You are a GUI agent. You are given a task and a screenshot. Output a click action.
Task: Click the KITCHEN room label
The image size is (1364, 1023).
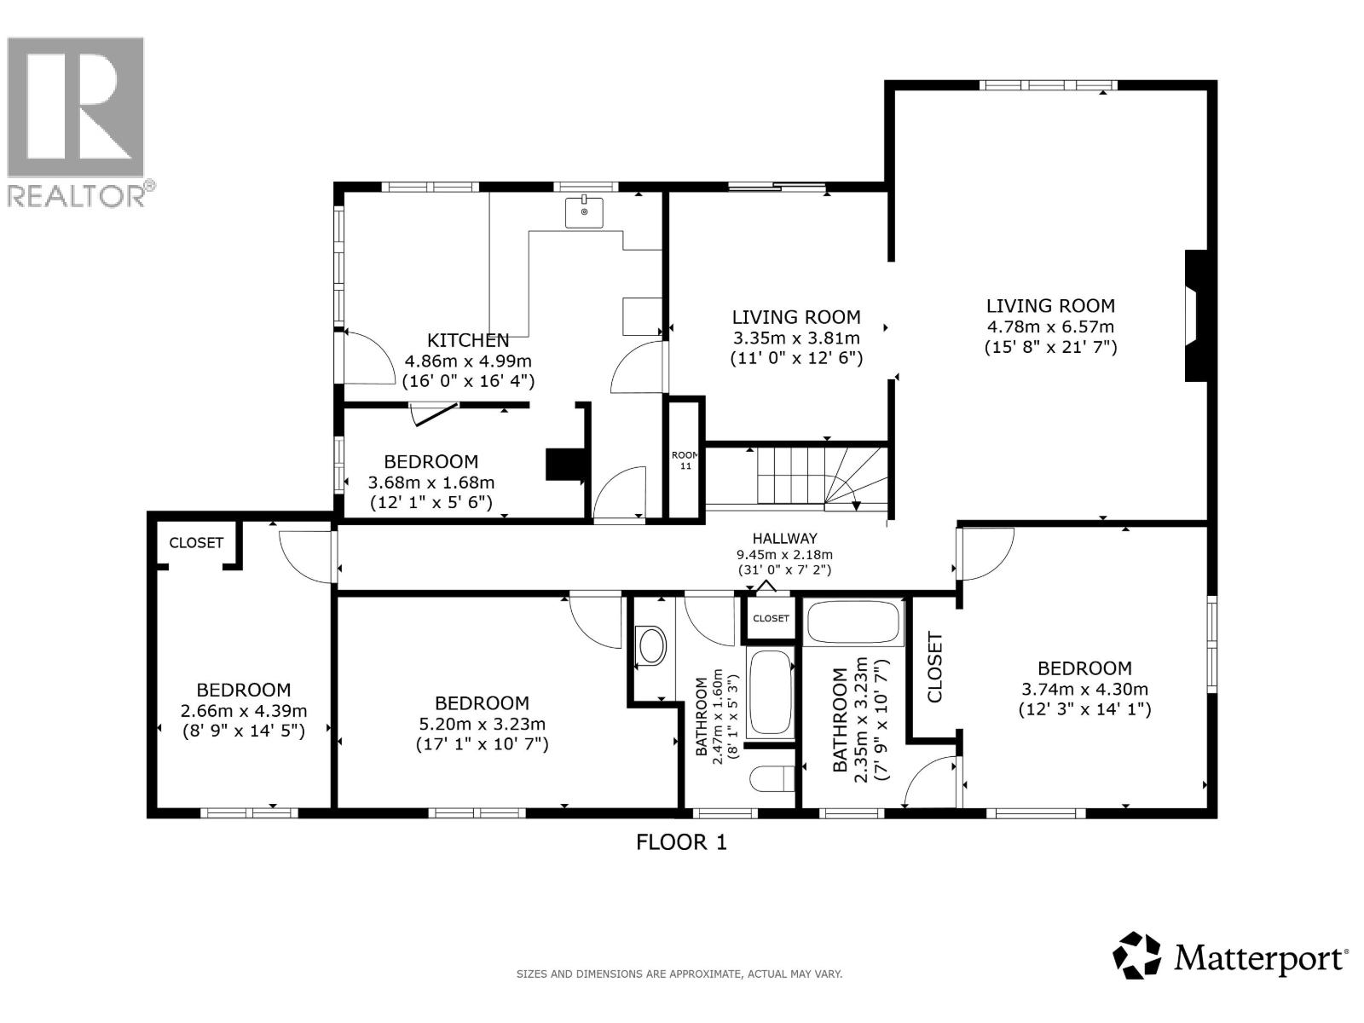pyautogui.click(x=468, y=340)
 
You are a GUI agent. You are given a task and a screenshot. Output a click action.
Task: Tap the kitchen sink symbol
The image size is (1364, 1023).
pyautogui.click(x=584, y=212)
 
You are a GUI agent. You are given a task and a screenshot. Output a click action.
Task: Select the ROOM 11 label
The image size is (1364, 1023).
pyautogui.click(x=685, y=460)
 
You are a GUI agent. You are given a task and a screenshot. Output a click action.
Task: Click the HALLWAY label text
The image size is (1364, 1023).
pyautogui.click(x=784, y=538)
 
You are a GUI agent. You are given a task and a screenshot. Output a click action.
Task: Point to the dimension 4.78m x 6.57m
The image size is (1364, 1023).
pyautogui.click(x=1050, y=327)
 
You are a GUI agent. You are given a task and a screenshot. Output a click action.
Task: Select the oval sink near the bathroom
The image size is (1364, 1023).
pyautogui.click(x=651, y=645)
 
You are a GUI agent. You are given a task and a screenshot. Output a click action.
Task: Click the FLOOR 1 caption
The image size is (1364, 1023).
pyautogui.click(x=681, y=842)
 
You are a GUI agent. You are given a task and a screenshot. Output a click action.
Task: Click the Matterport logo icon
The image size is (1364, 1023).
pyautogui.click(x=1137, y=955)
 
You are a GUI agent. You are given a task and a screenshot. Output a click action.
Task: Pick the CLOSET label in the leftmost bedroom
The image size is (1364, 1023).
pyautogui.click(x=196, y=543)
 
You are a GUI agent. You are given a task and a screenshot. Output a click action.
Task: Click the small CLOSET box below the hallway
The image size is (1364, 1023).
pyautogui.click(x=771, y=618)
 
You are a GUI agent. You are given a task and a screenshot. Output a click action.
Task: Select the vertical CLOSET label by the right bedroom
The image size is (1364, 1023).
pyautogui.click(x=935, y=667)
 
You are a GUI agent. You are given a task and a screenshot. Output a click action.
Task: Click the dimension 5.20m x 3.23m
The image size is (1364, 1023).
pyautogui.click(x=482, y=724)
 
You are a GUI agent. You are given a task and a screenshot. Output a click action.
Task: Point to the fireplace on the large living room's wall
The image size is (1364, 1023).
pyautogui.click(x=1195, y=315)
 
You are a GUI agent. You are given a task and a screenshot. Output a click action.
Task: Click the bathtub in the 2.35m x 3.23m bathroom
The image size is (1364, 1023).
pyautogui.click(x=853, y=623)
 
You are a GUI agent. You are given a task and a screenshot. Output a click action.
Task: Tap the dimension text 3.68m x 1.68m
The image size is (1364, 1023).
pyautogui.click(x=431, y=483)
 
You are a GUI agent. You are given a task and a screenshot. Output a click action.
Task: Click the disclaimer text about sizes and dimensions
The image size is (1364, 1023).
pyautogui.click(x=679, y=974)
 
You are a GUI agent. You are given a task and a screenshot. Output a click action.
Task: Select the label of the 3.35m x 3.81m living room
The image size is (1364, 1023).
pyautogui.click(x=796, y=317)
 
